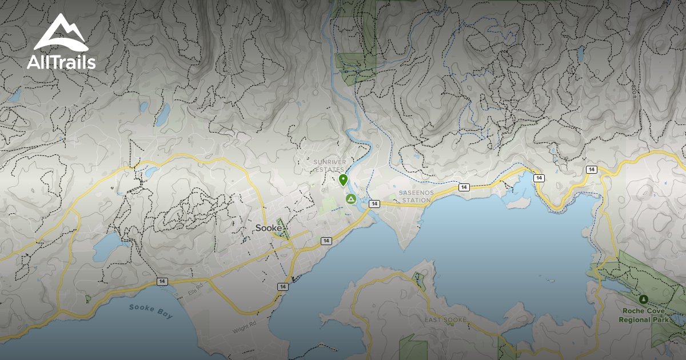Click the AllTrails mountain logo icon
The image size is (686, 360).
point(61,33)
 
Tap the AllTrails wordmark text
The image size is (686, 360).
point(61,62)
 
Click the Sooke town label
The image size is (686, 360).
point(268,228)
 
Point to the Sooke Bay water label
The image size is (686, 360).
point(150,311)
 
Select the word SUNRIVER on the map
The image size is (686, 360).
point(330,162)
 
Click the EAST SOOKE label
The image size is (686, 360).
point(446,319)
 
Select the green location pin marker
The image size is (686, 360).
point(343,180)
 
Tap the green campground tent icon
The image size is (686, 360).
point(350,199)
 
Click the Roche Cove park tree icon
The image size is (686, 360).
point(644,299)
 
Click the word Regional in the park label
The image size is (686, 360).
point(635,320)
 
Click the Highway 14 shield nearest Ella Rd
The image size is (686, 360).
point(163,282)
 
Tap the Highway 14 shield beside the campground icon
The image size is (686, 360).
point(374,204)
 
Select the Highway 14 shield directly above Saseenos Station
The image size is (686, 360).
point(464,187)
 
